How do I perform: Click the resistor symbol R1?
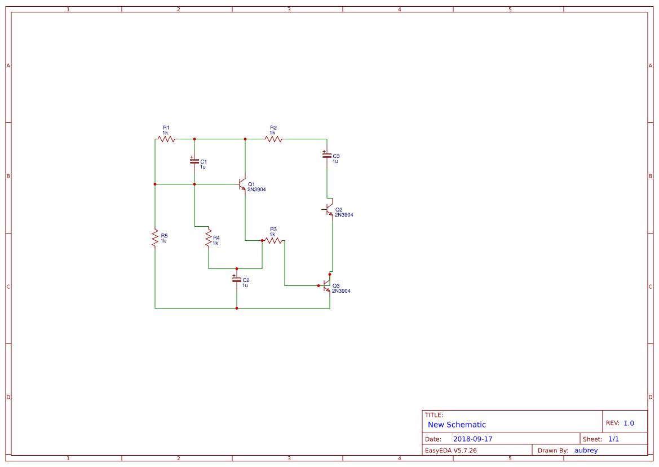(166, 139)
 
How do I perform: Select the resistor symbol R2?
(273, 139)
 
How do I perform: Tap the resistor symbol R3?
(273, 240)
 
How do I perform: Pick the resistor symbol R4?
(209, 237)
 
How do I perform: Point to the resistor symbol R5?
(155, 237)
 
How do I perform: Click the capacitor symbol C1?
(194, 161)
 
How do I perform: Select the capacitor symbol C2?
(237, 279)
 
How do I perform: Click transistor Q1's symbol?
(242, 184)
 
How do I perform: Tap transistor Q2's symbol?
(330, 209)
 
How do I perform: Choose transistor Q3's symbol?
(327, 285)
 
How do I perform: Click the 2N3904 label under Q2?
(344, 215)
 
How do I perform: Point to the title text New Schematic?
(457, 425)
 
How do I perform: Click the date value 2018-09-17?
(472, 439)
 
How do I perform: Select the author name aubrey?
(586, 450)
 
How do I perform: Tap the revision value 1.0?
(629, 423)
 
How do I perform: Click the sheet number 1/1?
(614, 439)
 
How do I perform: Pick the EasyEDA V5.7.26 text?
(450, 450)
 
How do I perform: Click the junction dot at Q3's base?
(319, 285)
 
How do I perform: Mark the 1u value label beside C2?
(245, 285)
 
